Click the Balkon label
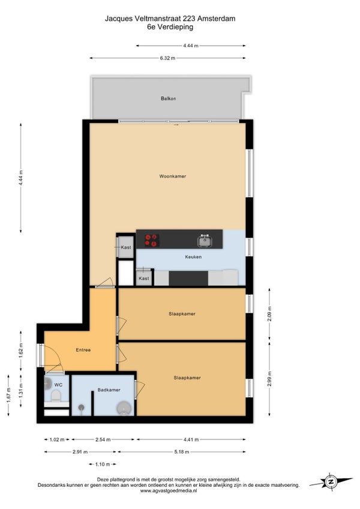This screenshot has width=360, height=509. click(x=168, y=98)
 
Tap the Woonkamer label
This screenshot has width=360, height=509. click(x=173, y=176)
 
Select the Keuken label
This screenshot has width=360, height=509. click(x=193, y=257)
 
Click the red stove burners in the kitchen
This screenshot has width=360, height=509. click(x=152, y=240)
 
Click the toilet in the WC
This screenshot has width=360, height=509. click(x=56, y=396)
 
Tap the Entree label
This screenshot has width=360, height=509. click(x=83, y=350)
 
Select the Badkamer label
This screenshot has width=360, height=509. click(x=109, y=390)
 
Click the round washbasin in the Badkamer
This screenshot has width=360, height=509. click(x=125, y=408)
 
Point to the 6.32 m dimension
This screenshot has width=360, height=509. click(x=167, y=58)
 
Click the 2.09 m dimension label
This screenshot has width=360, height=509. click(x=269, y=314)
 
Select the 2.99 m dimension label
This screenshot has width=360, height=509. click(x=269, y=379)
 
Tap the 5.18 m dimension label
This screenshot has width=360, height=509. click(x=182, y=451)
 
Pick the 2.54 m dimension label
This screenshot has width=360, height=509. click(x=103, y=439)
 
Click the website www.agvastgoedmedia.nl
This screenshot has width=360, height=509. click(x=169, y=491)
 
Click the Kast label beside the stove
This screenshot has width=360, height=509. click(x=126, y=247)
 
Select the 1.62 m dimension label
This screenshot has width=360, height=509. click(x=21, y=351)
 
